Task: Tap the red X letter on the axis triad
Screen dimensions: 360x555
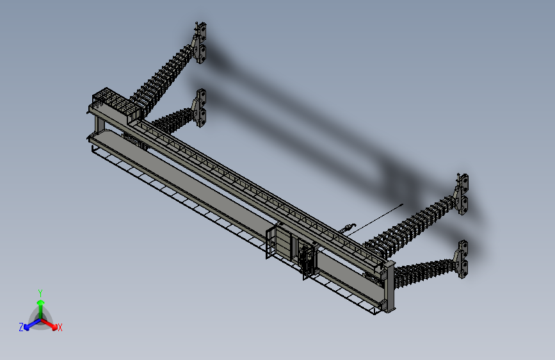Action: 60,328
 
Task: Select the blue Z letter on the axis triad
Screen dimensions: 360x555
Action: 21,327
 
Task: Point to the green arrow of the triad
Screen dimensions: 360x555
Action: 40,305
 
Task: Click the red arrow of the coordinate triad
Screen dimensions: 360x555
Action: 51,323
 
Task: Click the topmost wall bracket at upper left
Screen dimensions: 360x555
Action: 201,43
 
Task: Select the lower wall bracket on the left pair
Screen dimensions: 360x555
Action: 201,108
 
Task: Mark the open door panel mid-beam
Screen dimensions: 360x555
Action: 273,241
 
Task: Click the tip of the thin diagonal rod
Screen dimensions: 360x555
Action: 401,205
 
